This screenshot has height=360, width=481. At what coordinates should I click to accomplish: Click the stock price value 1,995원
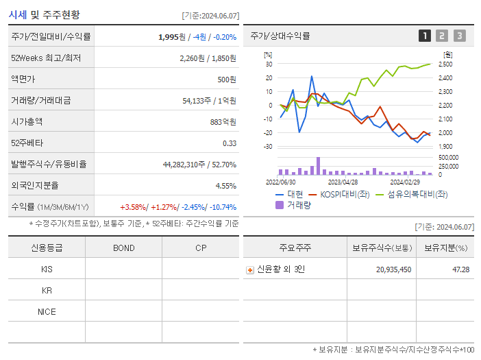pos(171,37)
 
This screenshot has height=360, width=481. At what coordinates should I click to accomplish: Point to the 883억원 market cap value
pos(224,122)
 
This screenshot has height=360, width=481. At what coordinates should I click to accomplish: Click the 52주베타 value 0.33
pos(229,143)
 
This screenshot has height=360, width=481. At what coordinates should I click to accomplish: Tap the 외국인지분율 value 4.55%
pos(225,186)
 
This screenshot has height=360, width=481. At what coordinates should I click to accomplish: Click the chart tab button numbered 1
pos(425,36)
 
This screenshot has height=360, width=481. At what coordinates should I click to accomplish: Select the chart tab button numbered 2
pos(442,36)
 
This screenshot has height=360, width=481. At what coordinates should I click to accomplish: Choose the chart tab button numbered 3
pos(459,36)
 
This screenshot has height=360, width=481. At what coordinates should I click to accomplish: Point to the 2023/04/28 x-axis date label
pos(343,182)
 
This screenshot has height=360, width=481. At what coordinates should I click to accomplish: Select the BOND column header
pos(123,248)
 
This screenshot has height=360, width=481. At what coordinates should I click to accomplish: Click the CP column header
pos(201,248)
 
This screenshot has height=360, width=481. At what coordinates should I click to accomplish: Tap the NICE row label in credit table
pos(47,311)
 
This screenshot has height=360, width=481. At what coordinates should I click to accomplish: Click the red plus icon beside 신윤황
pos(250,269)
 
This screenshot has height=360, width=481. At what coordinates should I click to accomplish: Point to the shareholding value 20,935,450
pos(394,269)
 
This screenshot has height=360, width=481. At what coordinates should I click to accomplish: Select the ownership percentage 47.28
pos(460,269)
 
